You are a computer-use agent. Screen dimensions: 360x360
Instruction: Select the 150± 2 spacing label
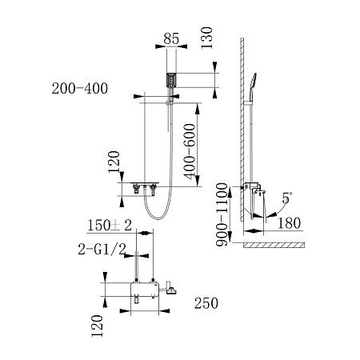point(110,226)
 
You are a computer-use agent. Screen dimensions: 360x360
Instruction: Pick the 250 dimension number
point(206,303)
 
